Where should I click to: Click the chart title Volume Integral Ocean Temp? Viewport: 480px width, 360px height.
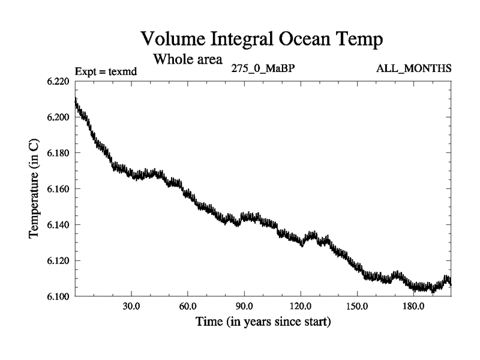261,40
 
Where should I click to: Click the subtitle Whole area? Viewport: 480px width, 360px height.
188,59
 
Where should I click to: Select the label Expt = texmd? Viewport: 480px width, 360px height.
106,71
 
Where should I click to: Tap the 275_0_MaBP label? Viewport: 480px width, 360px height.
263,68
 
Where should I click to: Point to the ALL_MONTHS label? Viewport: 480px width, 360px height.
413,68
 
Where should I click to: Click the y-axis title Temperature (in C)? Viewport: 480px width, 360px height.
34,189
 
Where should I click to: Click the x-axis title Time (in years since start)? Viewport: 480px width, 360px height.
263,322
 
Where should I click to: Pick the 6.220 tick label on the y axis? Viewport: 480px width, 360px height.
58,81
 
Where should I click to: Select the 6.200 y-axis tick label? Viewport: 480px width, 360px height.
58,117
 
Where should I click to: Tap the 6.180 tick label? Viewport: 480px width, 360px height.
58,153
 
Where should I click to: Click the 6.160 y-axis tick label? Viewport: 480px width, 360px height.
58,189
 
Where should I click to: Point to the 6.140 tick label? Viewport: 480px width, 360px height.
58,225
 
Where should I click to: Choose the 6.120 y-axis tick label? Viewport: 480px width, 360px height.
58,261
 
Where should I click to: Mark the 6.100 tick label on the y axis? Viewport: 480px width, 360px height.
58,296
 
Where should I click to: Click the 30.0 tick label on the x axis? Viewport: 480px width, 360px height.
131,306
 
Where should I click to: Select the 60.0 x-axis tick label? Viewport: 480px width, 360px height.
188,306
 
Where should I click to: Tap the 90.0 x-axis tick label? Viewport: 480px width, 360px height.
244,306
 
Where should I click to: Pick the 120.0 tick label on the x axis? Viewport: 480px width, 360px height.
301,306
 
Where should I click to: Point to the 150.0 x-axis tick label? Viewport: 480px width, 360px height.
357,306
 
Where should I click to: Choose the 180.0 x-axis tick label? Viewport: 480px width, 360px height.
413,306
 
